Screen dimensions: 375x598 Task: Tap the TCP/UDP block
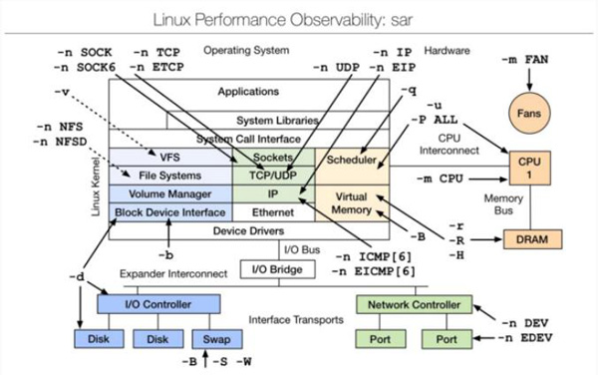click(x=273, y=176)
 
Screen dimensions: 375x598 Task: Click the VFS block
click(x=169, y=157)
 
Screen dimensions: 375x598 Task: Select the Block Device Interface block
click(x=169, y=211)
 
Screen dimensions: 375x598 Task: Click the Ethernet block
click(x=273, y=211)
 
